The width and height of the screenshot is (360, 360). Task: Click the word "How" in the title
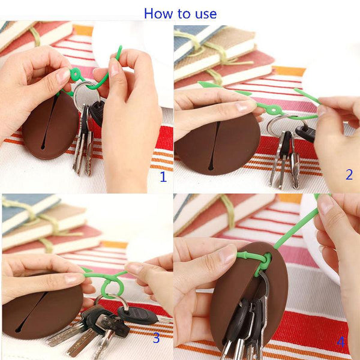(x=158, y=13)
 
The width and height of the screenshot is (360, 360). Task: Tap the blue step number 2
(x=349, y=175)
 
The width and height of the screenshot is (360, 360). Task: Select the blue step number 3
(x=156, y=338)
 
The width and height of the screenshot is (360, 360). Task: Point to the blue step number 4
(x=341, y=343)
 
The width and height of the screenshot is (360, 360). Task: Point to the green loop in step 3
(x=110, y=287)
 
